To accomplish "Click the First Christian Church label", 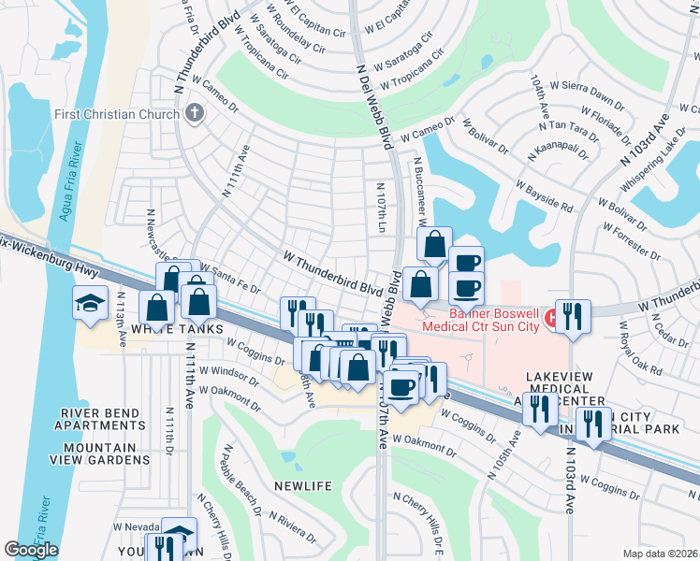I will (128, 114).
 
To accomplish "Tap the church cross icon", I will (195, 114).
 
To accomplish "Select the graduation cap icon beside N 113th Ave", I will (91, 304).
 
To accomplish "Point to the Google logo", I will (31, 550).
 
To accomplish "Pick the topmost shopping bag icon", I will (434, 245).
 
